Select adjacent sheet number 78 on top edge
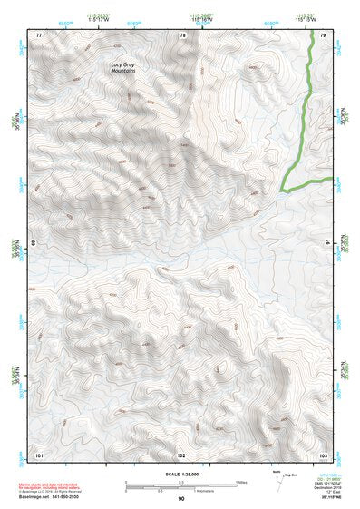pyautogui.click(x=183, y=34)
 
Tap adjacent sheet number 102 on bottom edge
pyautogui.click(x=181, y=453)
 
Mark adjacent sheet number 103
pyautogui.click(x=324, y=453)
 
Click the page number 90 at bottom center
pyautogui.click(x=181, y=499)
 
